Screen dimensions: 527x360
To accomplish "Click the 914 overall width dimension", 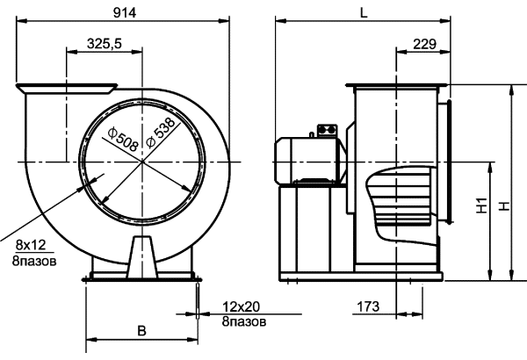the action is click(125, 13).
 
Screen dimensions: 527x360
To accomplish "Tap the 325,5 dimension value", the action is click(105, 44).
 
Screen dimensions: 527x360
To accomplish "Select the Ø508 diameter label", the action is click(123, 139).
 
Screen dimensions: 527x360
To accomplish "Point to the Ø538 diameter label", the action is click(161, 133).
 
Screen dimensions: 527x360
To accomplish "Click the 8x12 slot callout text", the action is click(31, 245).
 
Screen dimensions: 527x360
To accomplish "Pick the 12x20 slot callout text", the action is click(241, 306).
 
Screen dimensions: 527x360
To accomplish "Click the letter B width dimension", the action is click(141, 331).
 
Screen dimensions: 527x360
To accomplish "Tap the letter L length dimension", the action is click(364, 13).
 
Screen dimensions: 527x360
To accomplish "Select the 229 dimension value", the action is click(425, 44).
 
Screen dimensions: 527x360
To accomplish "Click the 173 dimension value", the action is click(368, 306).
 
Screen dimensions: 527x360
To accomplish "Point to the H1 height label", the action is click(481, 205).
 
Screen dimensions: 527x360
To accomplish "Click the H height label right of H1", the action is click(504, 206).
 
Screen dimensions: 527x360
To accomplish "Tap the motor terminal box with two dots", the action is click(327, 131).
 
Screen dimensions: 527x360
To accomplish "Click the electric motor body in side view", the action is click(310, 162).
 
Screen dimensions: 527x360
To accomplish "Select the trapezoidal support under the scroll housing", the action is click(142, 257).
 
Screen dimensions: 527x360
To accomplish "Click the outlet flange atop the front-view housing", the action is click(67, 89).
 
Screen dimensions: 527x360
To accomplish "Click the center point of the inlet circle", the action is click(142, 162).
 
